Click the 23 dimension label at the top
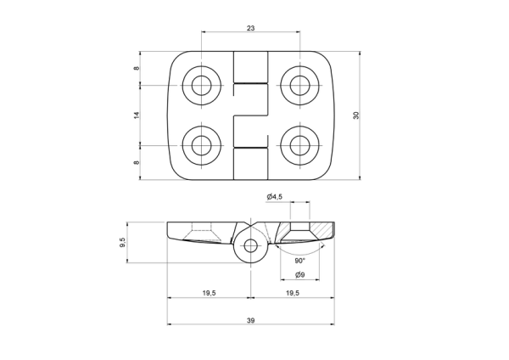(x=250, y=28)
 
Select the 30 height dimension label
(x=356, y=115)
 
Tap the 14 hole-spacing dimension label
(x=137, y=115)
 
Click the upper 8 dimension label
(x=137, y=68)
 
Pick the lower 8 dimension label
(x=137, y=162)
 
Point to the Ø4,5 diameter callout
(x=274, y=197)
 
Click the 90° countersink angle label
(x=300, y=261)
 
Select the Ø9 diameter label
(x=300, y=275)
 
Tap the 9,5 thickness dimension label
(x=122, y=242)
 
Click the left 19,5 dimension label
(x=209, y=293)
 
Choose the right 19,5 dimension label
(x=293, y=293)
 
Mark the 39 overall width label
(x=250, y=321)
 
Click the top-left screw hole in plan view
(x=202, y=86)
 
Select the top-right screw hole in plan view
(x=300, y=86)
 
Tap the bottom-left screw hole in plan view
(x=202, y=145)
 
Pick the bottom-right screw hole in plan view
(x=300, y=145)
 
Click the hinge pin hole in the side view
(x=250, y=246)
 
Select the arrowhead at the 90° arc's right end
(x=322, y=245)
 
